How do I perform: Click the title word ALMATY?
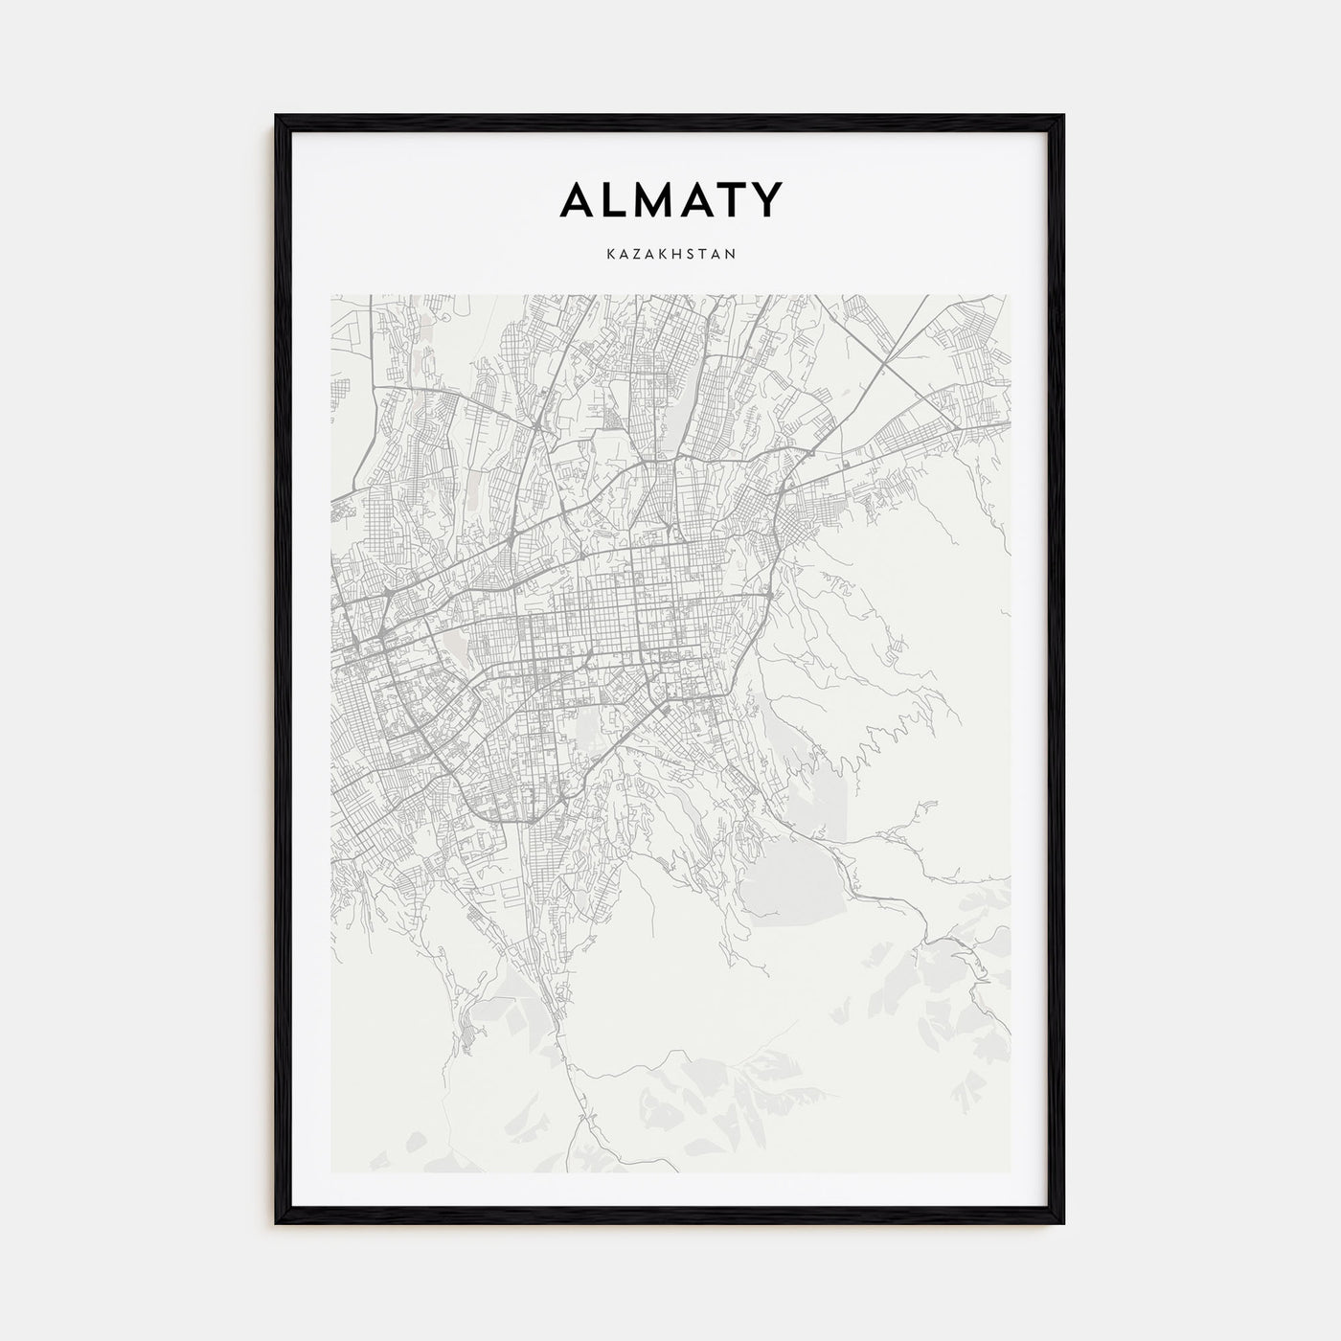coord(670,200)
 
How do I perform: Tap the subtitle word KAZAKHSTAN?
coord(670,255)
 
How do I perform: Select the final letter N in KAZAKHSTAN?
coord(731,255)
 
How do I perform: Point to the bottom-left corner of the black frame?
coord(278,1223)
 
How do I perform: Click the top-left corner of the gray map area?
coord(332,296)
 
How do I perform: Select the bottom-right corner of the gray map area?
coord(1009,1171)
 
